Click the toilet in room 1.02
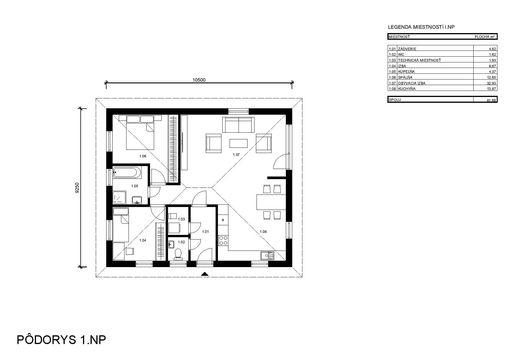tap(178, 254)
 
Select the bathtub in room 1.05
tap(127, 172)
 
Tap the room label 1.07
tap(236, 155)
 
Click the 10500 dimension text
tap(199, 80)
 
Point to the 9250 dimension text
tap(77, 188)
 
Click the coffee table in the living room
tap(238, 143)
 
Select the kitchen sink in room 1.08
tap(267, 255)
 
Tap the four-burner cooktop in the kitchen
tap(223, 240)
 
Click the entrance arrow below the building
tap(205, 273)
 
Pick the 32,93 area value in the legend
tap(491, 83)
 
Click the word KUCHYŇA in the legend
tap(407, 89)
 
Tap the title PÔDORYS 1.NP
tap(61, 340)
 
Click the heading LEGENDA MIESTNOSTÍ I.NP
tap(421, 27)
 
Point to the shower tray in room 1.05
tap(119, 197)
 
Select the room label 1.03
tap(181, 219)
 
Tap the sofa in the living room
tap(238, 125)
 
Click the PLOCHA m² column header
tap(484, 37)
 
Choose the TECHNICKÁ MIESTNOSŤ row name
tap(419, 60)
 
